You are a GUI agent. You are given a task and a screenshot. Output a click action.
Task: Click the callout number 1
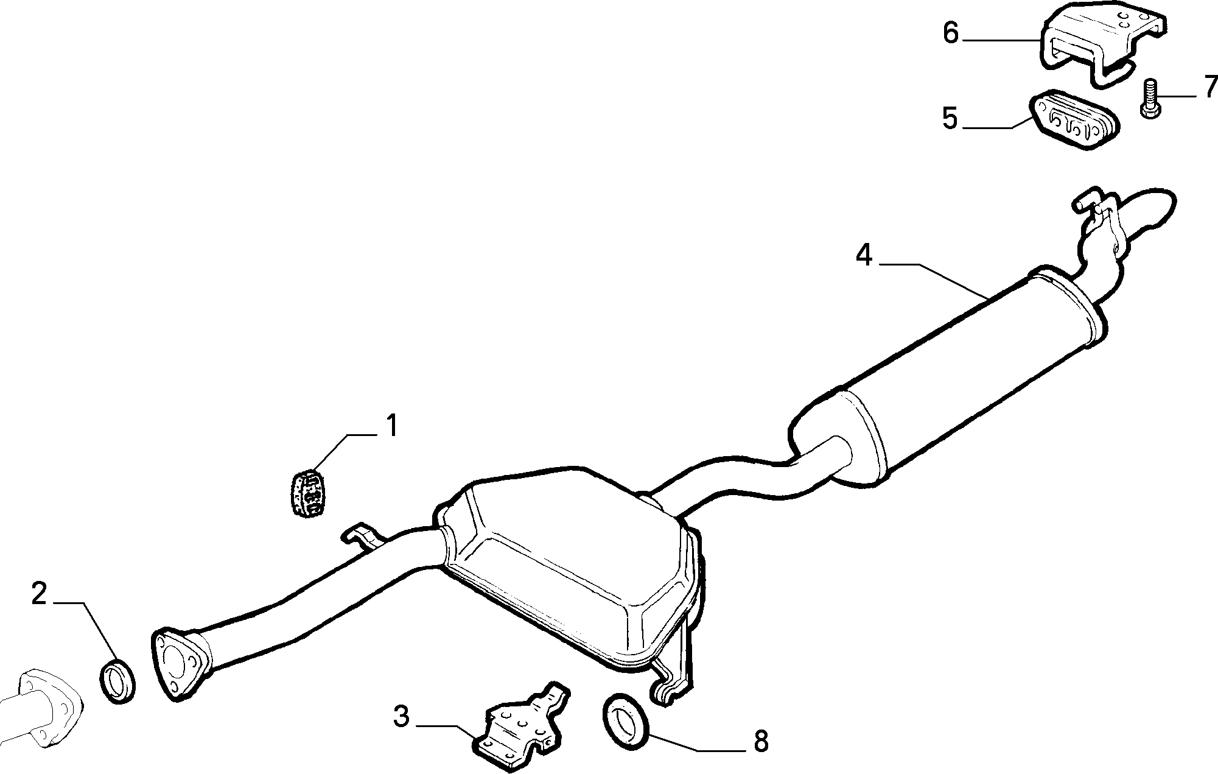393,426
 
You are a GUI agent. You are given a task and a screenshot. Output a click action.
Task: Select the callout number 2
39,594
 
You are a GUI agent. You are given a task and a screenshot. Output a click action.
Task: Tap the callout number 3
401,717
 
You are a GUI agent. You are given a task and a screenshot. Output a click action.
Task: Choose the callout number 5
950,118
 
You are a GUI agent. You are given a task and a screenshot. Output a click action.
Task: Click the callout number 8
761,742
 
